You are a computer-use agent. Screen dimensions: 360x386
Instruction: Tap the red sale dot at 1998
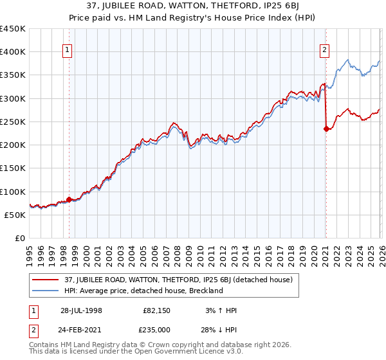point(69,199)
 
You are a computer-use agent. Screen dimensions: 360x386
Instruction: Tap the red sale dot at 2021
point(326,129)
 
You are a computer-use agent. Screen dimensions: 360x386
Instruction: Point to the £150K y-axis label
point(13,168)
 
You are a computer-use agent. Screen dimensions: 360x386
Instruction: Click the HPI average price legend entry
point(143,291)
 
